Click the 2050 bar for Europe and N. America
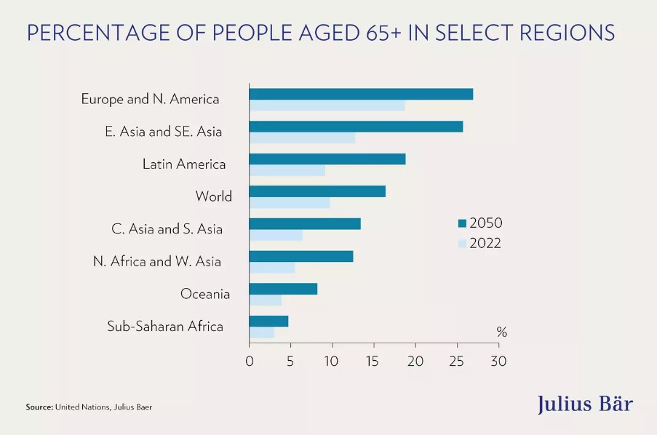361,94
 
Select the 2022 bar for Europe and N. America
327,105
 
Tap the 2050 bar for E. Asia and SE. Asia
356,127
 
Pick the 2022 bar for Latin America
287,170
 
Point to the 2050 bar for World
317,191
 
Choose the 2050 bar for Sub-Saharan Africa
268,321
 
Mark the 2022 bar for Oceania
265,300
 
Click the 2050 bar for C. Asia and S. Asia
305,224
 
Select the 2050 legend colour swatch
461,223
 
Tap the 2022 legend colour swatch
461,244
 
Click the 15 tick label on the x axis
373,361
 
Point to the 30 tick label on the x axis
498,361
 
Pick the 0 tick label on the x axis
249,361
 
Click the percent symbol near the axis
501,332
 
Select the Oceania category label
205,294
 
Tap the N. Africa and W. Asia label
157,261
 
